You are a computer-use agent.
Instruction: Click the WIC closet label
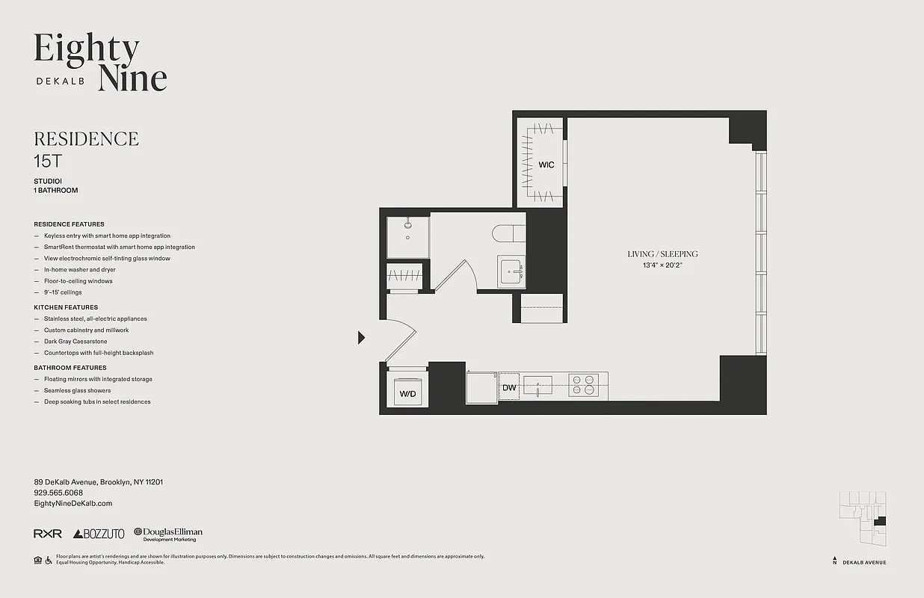coord(546,164)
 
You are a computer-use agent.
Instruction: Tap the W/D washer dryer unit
coord(407,393)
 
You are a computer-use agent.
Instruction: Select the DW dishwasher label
coord(509,388)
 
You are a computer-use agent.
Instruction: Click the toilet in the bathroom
coord(508,234)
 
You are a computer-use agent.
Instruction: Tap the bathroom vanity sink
coord(512,271)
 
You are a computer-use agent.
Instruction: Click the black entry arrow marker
coord(361,338)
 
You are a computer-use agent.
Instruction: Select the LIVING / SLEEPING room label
coord(662,254)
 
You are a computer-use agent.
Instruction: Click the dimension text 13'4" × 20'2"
coord(662,265)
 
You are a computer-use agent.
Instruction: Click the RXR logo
coord(48,534)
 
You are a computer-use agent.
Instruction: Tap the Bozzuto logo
coord(99,534)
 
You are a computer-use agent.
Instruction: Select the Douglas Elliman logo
coord(168,534)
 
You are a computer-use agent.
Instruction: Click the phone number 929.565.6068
coord(58,493)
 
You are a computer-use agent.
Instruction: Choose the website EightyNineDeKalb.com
coord(73,504)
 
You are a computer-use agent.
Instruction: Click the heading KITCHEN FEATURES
coord(66,307)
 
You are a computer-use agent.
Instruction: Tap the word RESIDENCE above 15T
coord(87,139)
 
